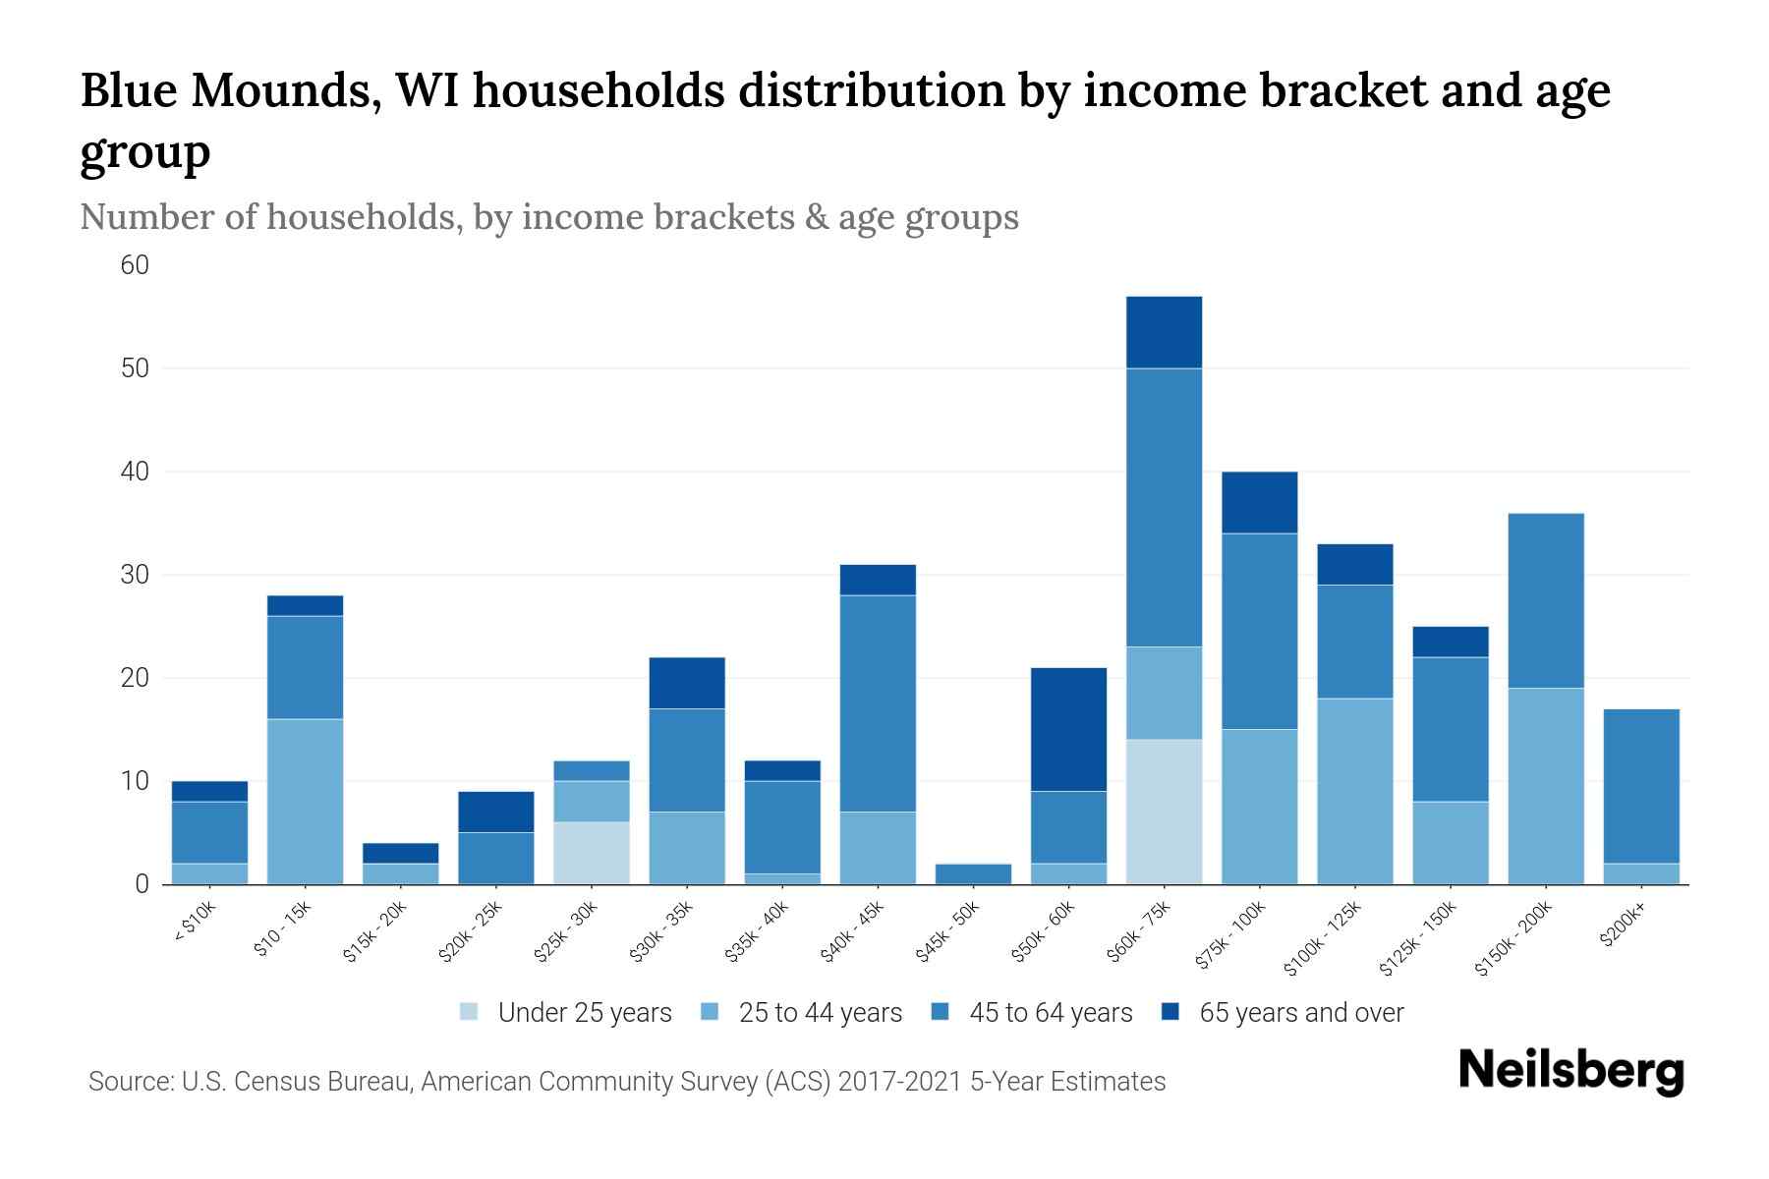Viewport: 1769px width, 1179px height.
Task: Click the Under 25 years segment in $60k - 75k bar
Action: coord(1164,812)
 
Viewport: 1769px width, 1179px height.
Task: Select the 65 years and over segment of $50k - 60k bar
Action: coord(1068,729)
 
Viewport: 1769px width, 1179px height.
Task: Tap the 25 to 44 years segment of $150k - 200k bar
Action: coord(1546,786)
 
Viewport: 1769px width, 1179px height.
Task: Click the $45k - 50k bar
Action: coord(973,873)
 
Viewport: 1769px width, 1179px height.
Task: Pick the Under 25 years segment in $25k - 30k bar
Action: coord(592,853)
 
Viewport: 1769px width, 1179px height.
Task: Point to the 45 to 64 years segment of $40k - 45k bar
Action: coord(878,703)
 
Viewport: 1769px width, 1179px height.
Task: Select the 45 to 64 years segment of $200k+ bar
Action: coord(1641,786)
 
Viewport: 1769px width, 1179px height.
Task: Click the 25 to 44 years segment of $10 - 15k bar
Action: coord(306,802)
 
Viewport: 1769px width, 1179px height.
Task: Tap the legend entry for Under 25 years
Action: coord(566,1013)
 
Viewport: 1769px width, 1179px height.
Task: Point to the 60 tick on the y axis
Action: coord(135,265)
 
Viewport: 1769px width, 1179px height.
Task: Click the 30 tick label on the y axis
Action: coord(135,575)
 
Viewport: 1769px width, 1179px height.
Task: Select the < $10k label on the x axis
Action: coord(196,923)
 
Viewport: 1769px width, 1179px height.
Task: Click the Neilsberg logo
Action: coord(1570,1071)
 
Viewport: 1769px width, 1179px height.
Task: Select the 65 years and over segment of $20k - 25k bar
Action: coord(496,812)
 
